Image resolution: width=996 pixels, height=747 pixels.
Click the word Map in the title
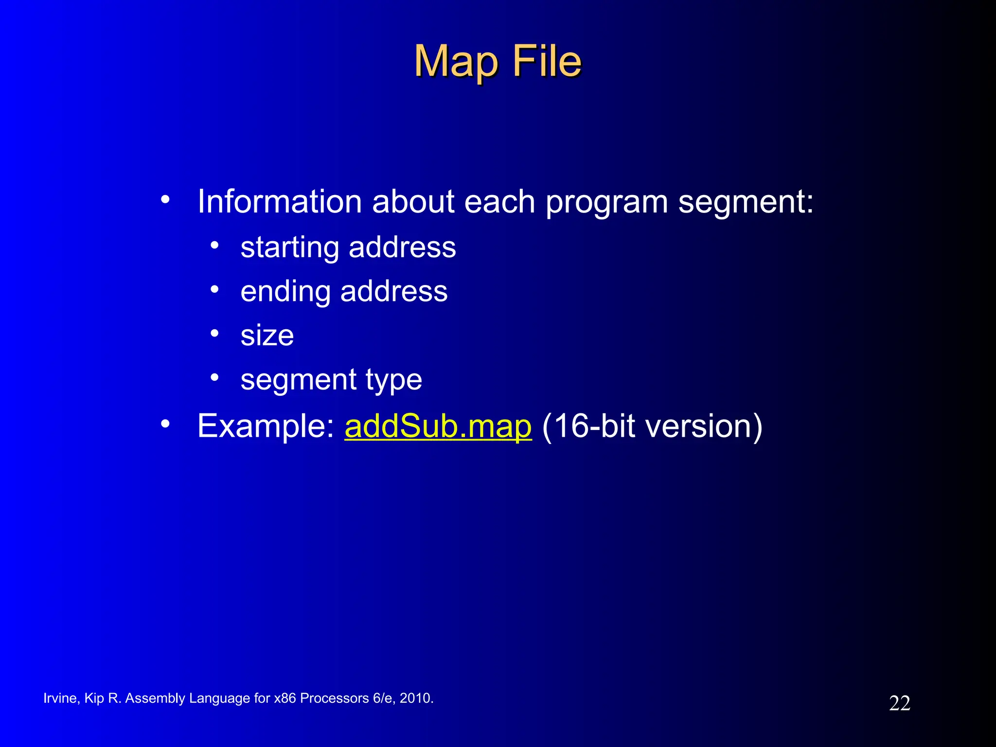[456, 62]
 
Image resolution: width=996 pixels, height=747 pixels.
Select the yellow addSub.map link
[438, 426]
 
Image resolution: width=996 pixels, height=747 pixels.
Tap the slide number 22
[899, 703]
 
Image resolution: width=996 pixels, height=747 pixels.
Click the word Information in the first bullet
[280, 201]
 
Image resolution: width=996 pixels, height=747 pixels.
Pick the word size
[267, 336]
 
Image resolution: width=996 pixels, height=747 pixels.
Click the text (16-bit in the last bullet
[588, 426]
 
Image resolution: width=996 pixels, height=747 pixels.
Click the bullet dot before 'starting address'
[214, 245]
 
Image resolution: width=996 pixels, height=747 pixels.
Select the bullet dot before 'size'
[214, 333]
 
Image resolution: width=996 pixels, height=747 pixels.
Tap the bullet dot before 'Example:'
[165, 424]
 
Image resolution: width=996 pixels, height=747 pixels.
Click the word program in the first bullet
[606, 202]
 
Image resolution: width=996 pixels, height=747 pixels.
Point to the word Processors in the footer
[334, 698]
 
